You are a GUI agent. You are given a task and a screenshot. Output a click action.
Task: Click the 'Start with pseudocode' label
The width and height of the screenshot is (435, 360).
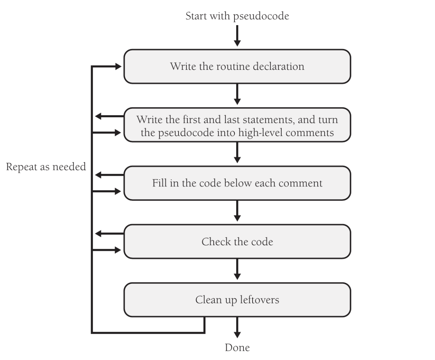tap(237, 16)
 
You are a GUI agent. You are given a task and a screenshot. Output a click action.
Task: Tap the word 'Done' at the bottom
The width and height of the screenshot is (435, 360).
tap(237, 348)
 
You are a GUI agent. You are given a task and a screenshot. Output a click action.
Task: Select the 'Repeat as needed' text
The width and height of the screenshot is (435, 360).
tap(46, 167)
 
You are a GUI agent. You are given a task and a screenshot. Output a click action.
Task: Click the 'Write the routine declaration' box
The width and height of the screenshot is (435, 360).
tap(237, 67)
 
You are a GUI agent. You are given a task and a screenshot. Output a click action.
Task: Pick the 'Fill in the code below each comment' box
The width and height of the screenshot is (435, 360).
tap(237, 183)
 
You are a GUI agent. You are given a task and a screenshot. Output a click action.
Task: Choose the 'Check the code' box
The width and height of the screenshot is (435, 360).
tap(237, 242)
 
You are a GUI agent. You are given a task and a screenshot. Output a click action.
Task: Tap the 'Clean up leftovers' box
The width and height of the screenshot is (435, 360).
tap(237, 300)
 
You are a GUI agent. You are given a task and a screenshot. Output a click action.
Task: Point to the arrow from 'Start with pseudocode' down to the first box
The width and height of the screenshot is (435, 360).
tap(237, 35)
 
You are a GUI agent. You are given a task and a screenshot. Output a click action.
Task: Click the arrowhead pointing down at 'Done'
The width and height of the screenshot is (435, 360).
tap(237, 334)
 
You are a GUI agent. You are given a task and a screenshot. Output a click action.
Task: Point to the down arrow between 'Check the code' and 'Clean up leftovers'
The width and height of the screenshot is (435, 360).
tap(237, 269)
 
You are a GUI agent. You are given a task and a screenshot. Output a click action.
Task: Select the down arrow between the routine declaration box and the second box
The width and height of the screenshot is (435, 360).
tap(237, 94)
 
